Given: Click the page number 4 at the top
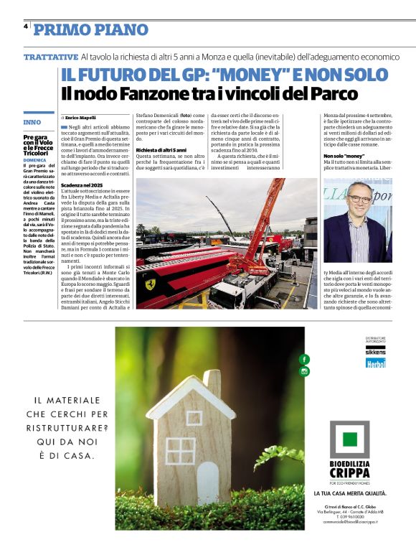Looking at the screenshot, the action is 26,26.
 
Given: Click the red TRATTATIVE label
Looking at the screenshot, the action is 50,56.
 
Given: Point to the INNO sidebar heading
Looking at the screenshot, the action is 32,123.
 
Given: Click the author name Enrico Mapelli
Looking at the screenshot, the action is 80,117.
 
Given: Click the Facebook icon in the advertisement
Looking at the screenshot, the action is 305,358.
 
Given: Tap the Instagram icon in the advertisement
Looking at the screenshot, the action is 305,371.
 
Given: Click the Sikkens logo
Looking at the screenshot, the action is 375,351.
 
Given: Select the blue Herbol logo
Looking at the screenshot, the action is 375,363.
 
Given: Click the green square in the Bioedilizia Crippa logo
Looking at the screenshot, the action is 349,440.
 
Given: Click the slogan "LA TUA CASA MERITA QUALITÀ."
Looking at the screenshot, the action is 350,493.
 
